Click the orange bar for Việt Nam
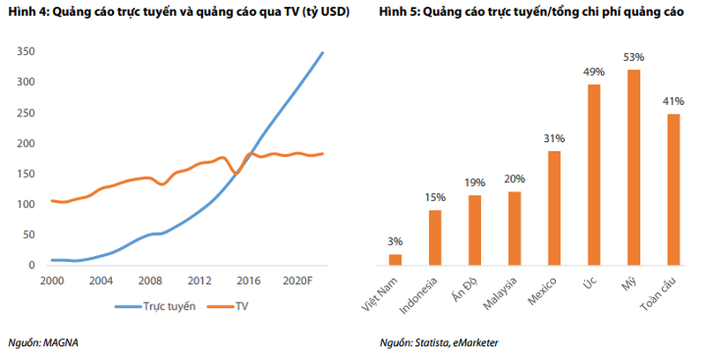click(x=395, y=259)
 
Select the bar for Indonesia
click(x=435, y=236)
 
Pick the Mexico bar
click(x=553, y=207)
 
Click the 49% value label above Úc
click(x=593, y=73)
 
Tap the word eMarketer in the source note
click(x=484, y=342)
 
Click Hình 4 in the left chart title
click(x=27, y=13)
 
